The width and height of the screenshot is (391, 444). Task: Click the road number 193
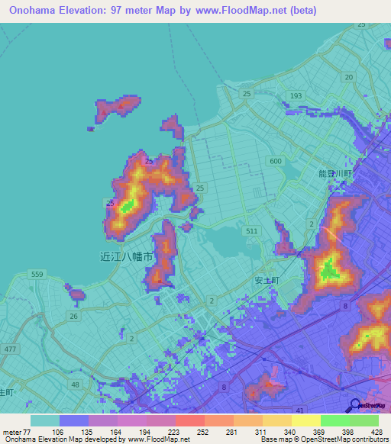[x=296, y=95]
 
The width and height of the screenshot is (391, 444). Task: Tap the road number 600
[x=275, y=161]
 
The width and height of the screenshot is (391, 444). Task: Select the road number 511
[x=253, y=230]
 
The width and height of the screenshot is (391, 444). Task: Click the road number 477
[x=9, y=349]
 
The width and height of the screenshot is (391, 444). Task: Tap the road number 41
[x=279, y=389]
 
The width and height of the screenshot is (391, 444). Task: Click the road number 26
[x=73, y=316]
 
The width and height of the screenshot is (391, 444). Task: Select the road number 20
[x=348, y=78]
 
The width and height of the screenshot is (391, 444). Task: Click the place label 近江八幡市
[x=127, y=257]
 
